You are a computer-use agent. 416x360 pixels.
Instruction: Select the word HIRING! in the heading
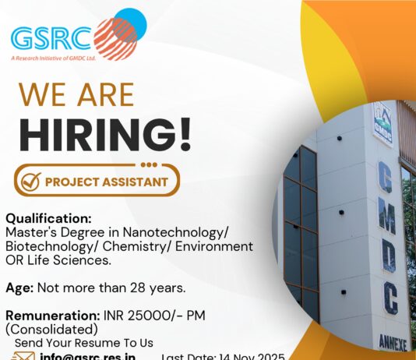click(x=104, y=133)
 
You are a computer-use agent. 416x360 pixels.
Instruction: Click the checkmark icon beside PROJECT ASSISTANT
click(x=30, y=182)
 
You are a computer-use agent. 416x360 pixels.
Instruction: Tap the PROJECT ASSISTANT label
click(x=106, y=182)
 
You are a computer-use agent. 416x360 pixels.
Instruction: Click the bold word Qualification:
click(x=48, y=218)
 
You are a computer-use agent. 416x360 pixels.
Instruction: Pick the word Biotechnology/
click(x=51, y=246)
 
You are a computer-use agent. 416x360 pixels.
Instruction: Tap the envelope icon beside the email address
click(x=24, y=356)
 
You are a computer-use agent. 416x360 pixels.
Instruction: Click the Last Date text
click(x=223, y=356)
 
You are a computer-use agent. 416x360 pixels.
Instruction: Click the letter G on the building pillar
click(x=384, y=177)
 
